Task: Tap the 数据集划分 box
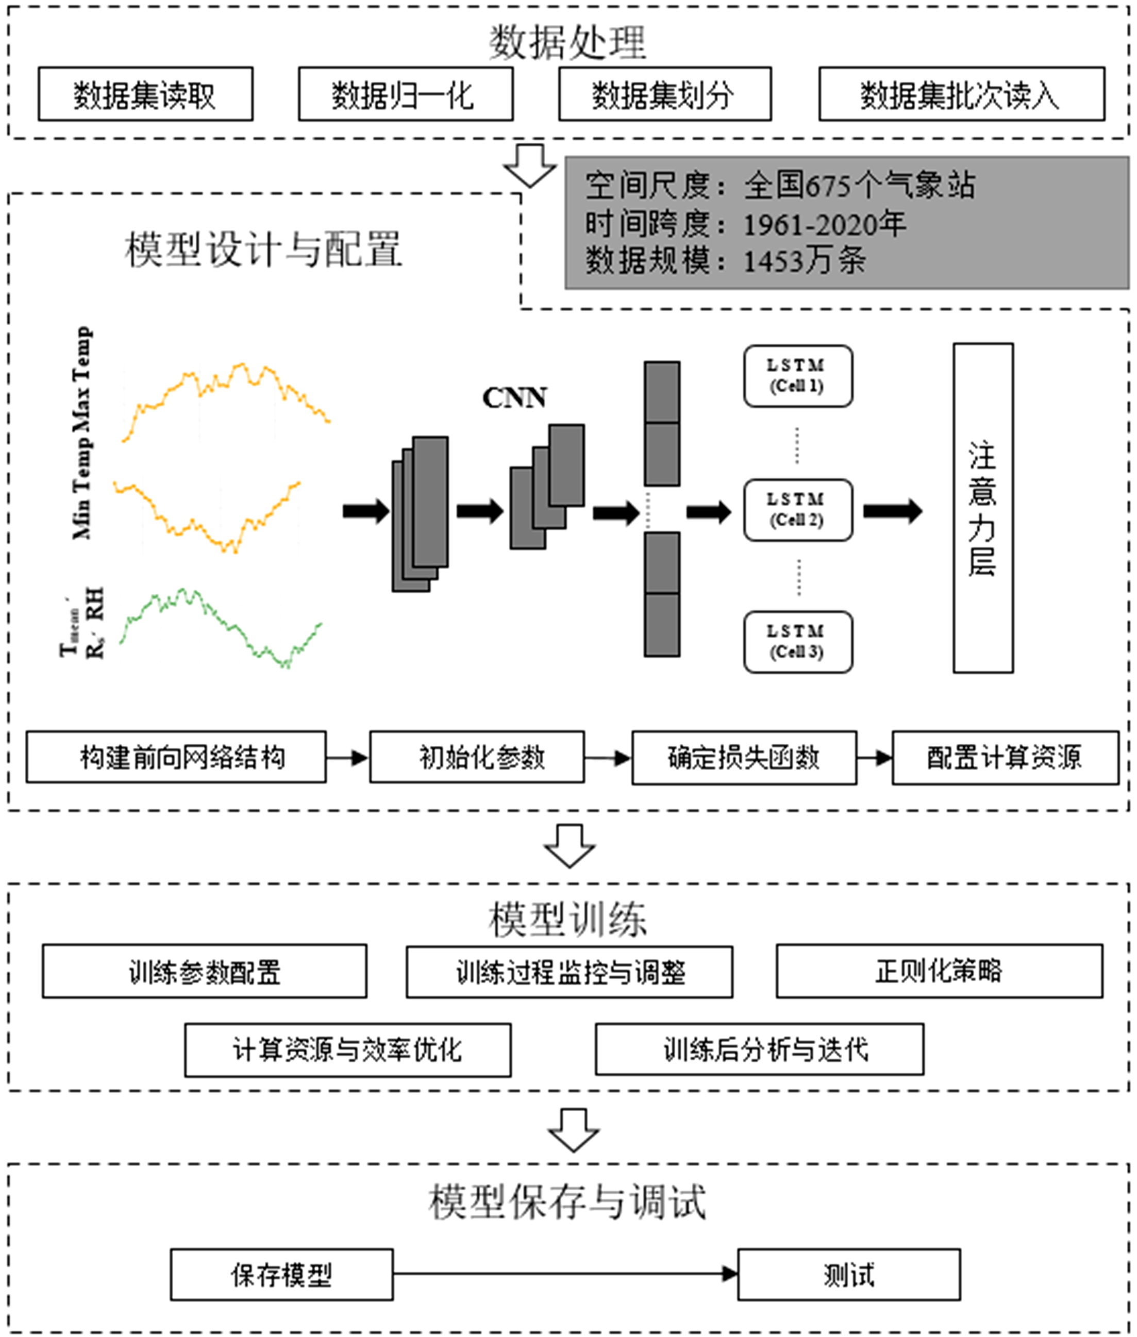point(664,94)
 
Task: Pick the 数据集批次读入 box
point(961,94)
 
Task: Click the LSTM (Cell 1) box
point(797,376)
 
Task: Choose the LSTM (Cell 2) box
point(797,510)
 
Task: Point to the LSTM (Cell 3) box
point(797,642)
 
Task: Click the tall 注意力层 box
point(982,508)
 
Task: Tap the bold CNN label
point(514,398)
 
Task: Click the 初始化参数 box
point(476,757)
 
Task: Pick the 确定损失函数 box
point(744,758)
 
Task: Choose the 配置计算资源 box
point(1005,758)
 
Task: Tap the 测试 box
point(848,1275)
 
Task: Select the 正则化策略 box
point(939,971)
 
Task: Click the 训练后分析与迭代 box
point(759,1049)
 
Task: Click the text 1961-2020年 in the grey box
point(825,224)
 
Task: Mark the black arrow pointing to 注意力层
point(893,511)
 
